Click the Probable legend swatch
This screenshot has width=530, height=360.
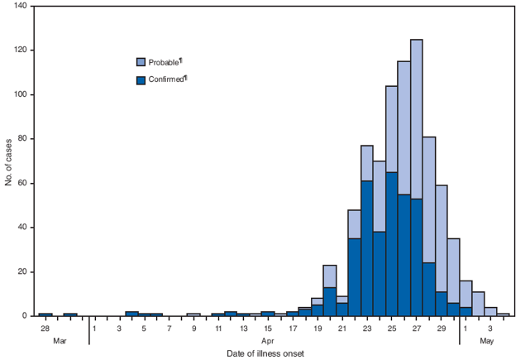click(x=141, y=61)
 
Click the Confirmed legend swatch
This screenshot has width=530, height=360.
click(x=141, y=79)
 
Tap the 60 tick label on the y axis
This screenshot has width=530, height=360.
click(x=22, y=183)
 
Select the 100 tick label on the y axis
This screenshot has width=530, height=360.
click(x=20, y=94)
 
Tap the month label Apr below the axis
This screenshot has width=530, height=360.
click(x=268, y=340)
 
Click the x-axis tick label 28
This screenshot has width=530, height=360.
click(x=45, y=329)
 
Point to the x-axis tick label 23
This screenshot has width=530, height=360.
click(x=366, y=329)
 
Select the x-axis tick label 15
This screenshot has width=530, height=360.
click(x=267, y=329)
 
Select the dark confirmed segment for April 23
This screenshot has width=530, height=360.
click(x=366, y=248)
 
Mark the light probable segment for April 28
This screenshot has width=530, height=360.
click(x=428, y=199)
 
